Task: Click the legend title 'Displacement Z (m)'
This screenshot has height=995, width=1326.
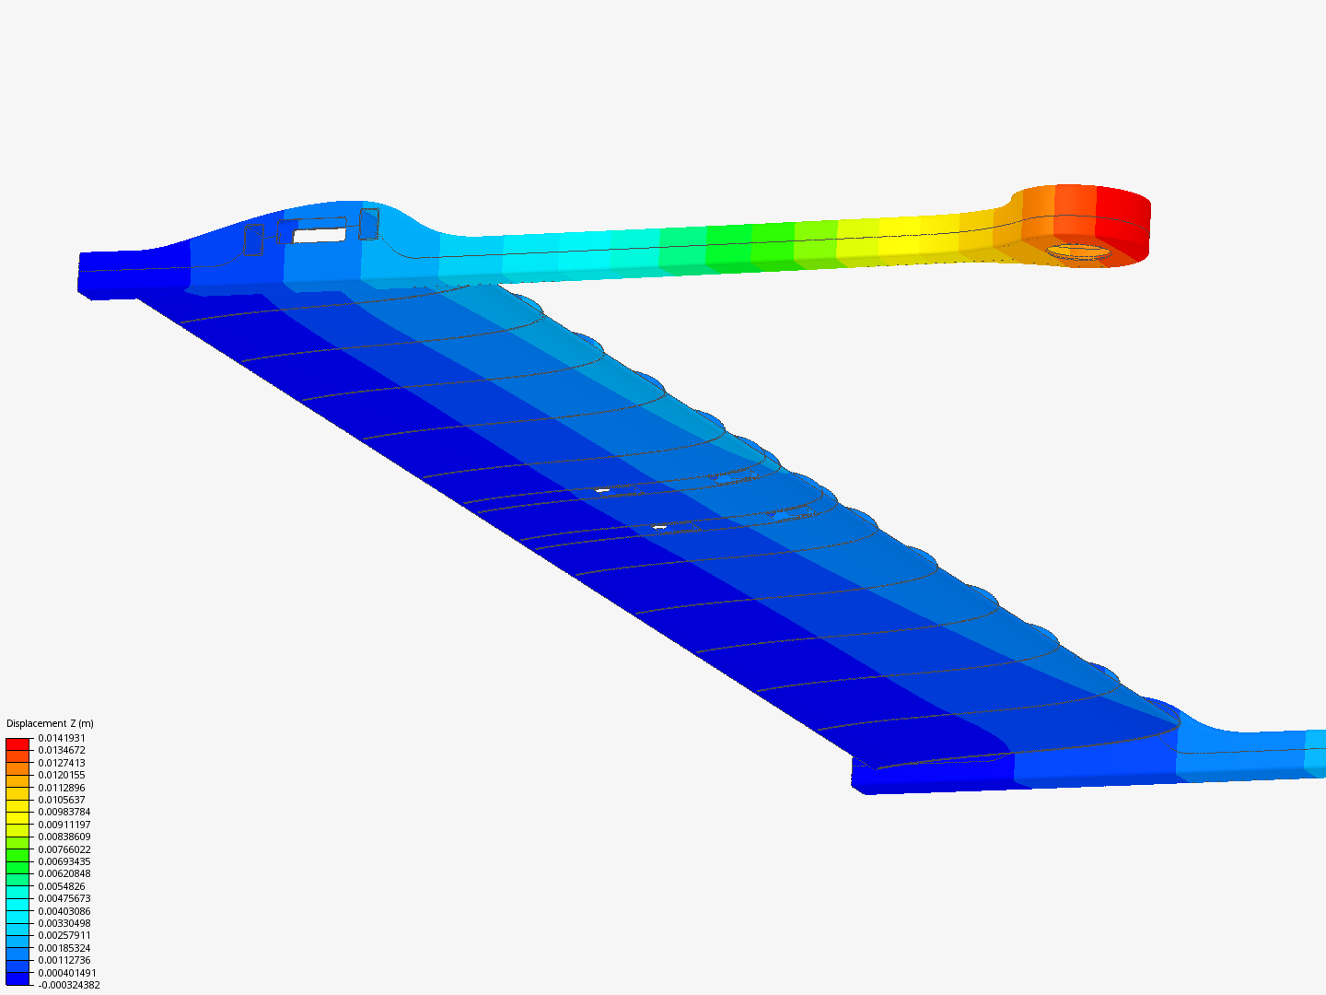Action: pyautogui.click(x=50, y=723)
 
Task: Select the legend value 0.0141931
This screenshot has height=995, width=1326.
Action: pyautogui.click(x=61, y=738)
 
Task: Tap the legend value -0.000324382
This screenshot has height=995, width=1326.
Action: pyautogui.click(x=68, y=985)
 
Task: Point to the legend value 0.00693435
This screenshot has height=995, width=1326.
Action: pyautogui.click(x=64, y=861)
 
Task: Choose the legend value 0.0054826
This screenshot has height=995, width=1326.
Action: pyautogui.click(x=61, y=886)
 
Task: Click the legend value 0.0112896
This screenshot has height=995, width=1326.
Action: pyautogui.click(x=61, y=788)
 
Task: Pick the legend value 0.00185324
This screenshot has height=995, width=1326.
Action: pyautogui.click(x=64, y=948)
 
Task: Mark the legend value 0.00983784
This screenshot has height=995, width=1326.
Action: pyautogui.click(x=64, y=812)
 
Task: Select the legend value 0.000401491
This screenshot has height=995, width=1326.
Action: pyautogui.click(x=66, y=973)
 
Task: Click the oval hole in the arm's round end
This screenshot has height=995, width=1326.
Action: pyautogui.click(x=1078, y=251)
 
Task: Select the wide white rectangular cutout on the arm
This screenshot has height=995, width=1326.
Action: pyautogui.click(x=320, y=235)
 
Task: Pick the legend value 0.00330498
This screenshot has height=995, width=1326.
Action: pyautogui.click(x=64, y=923)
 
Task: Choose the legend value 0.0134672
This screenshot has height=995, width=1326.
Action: pyautogui.click(x=61, y=750)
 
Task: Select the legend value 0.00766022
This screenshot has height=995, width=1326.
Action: pyautogui.click(x=64, y=849)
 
